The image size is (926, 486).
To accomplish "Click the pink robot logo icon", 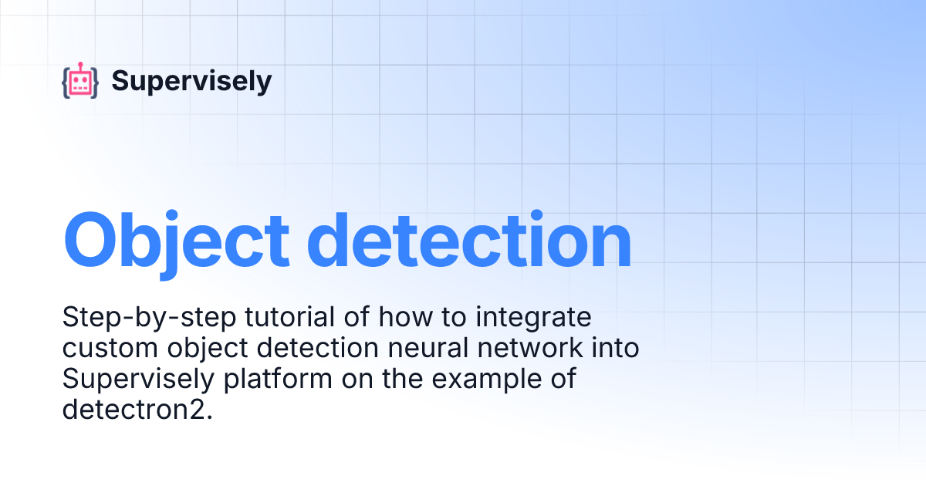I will click(80, 81).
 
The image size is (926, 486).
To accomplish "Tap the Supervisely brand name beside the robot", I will click(191, 81).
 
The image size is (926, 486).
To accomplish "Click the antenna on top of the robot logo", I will click(80, 65).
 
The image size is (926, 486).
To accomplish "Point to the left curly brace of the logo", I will click(66, 82).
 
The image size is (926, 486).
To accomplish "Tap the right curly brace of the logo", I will click(95, 82).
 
